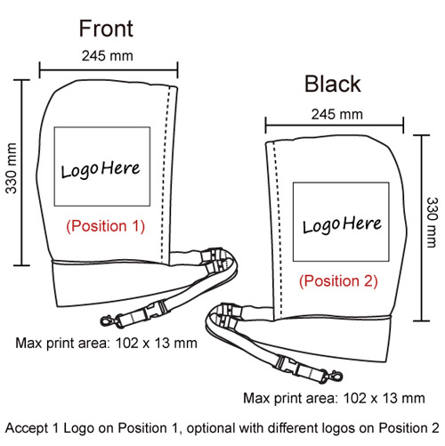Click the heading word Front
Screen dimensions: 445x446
pos(106,28)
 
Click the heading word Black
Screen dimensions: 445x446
pos(333,84)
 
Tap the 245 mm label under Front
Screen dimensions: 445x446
pos(108,56)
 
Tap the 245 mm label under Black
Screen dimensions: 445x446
pos(337,114)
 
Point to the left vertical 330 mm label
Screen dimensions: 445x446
pos(12,168)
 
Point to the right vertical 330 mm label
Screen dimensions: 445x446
pos(432,223)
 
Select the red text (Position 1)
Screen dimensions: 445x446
pos(105,226)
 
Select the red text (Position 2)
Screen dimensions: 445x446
pos(338,281)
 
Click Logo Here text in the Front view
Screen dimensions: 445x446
pos(101,169)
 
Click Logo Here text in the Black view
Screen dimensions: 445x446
pos(342,224)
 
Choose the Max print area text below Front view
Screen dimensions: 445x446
pos(106,343)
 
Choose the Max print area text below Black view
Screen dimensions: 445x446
pos(334,398)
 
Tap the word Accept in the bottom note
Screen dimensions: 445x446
pos(27,428)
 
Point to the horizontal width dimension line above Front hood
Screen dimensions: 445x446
pos(109,70)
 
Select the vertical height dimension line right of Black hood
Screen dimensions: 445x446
pos(422,228)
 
